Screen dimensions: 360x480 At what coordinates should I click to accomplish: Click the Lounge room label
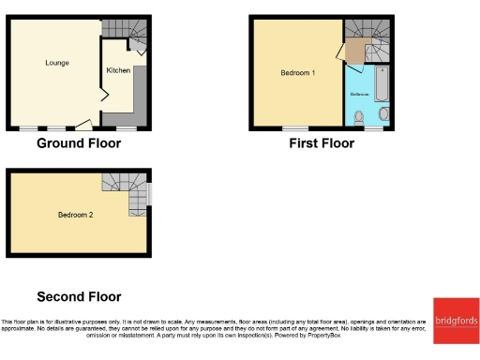point(56,63)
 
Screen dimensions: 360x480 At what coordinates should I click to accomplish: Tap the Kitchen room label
point(117,70)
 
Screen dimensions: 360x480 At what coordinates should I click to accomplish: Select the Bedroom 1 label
point(298,72)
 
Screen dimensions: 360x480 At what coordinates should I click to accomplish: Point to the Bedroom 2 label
point(75,214)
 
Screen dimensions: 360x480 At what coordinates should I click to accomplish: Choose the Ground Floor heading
point(79,144)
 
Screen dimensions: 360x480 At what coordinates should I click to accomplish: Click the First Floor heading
point(322,144)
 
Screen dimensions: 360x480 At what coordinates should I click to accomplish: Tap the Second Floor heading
point(79,296)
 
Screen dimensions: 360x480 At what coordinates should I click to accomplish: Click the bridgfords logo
point(456,322)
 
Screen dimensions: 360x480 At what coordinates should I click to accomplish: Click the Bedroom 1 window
point(296,129)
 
